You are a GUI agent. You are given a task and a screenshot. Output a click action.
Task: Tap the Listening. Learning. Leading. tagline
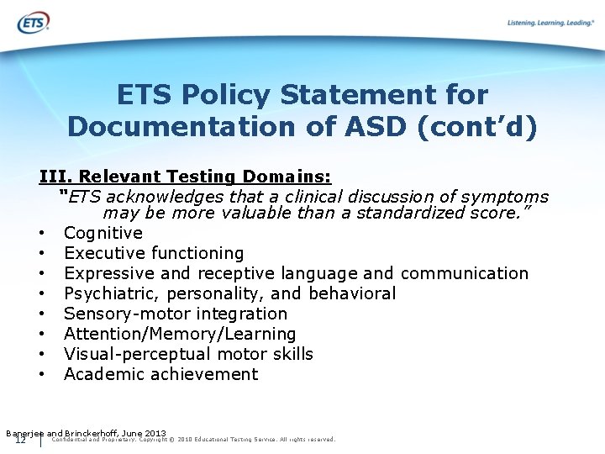click(x=550, y=23)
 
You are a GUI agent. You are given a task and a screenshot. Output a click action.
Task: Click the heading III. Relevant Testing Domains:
click(x=185, y=177)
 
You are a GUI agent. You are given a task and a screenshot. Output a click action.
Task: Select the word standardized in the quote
click(x=410, y=213)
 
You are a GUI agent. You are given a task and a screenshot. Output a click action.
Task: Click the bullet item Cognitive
click(x=103, y=233)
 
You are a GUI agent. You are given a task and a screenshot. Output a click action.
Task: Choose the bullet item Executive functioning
click(x=154, y=253)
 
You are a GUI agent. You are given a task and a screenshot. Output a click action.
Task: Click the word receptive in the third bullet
click(x=234, y=273)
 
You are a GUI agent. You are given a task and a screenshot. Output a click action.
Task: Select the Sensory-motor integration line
click(x=176, y=314)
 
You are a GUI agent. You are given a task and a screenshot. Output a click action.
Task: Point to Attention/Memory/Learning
click(x=180, y=334)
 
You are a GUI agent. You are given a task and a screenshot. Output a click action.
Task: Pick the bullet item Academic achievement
click(x=160, y=374)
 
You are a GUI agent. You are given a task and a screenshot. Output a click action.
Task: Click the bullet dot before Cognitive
click(x=40, y=234)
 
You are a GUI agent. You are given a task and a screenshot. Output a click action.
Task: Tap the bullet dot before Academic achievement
click(x=40, y=375)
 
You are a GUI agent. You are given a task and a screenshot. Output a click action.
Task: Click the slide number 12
click(x=20, y=440)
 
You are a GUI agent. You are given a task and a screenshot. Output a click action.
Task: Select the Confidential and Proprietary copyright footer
click(x=193, y=440)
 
